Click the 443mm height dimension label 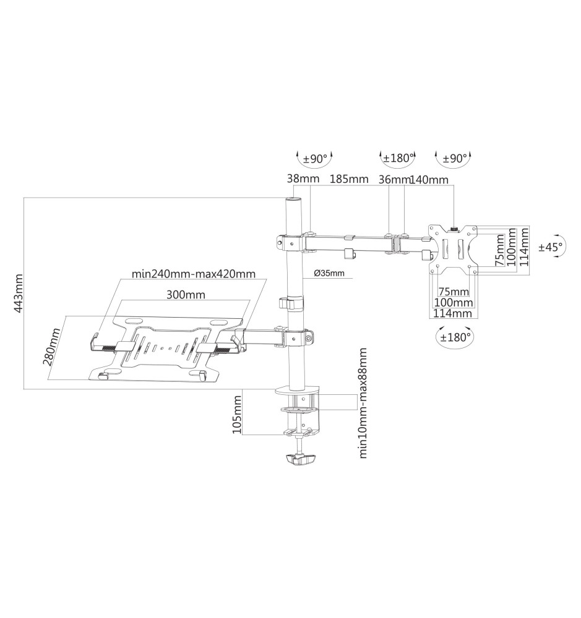(18, 294)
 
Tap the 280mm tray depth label (53, 347)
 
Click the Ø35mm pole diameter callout (329, 273)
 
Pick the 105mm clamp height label (237, 415)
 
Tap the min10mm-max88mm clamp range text (363, 403)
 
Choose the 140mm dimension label (429, 180)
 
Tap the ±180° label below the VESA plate (455, 337)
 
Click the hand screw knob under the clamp (300, 459)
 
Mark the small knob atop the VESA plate (454, 229)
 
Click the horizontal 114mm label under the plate (453, 313)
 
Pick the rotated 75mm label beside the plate (500, 250)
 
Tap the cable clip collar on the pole (292, 303)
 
